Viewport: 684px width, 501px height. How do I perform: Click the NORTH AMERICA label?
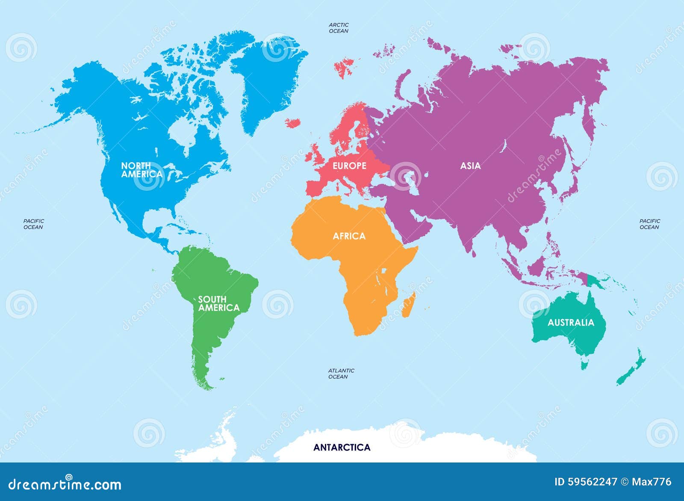142,170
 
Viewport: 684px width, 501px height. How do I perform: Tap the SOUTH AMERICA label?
218,303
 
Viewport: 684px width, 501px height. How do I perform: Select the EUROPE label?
349,166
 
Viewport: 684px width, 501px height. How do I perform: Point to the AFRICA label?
349,236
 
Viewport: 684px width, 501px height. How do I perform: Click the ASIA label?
470,166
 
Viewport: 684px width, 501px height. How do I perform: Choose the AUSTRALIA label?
571,323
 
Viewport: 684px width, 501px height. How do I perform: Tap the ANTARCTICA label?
342,448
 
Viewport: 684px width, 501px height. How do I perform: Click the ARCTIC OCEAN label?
339,28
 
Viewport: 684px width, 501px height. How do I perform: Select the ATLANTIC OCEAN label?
341,374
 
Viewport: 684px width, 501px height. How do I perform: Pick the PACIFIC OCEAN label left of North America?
33,224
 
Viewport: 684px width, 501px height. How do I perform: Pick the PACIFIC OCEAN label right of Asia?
650,224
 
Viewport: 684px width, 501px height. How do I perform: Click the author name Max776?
652,482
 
